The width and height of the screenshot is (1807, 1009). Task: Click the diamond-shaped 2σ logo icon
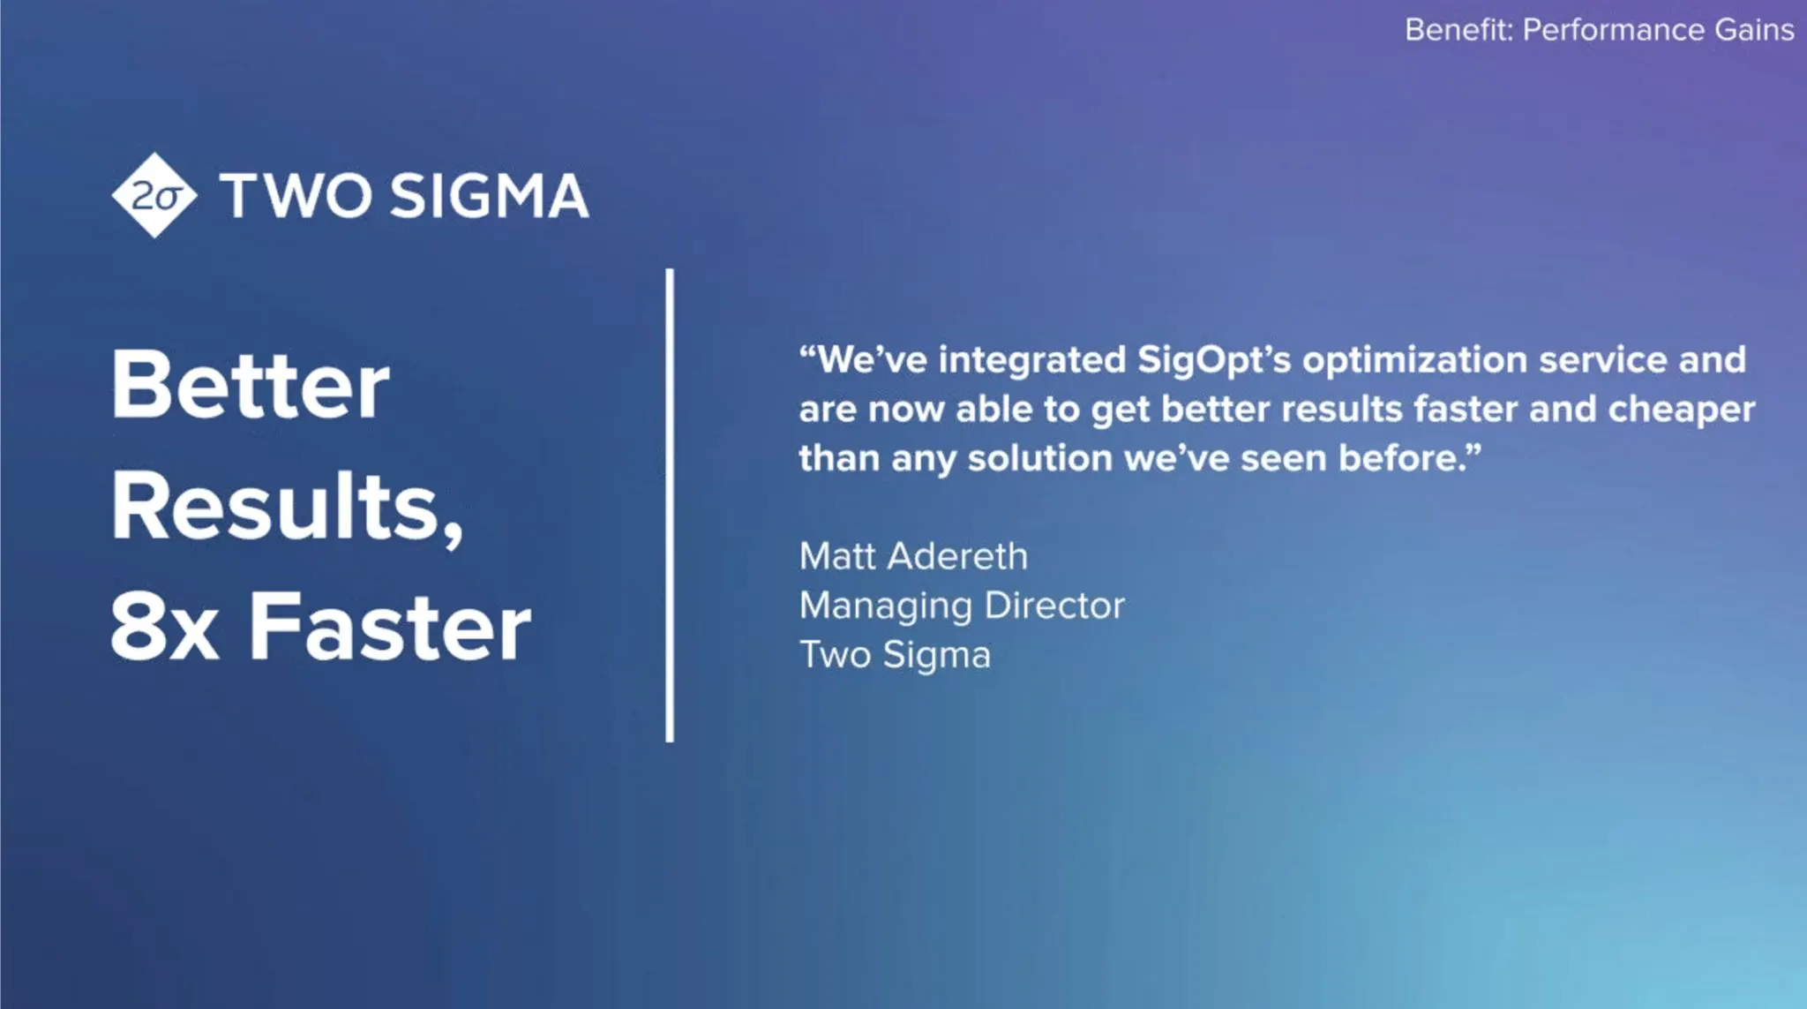[x=155, y=195]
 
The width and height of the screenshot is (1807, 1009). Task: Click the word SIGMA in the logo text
[x=489, y=195]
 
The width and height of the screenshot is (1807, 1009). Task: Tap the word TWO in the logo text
[x=296, y=195]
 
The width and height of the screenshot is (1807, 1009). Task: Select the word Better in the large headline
[x=250, y=385]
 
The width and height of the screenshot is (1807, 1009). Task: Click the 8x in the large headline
[x=165, y=627]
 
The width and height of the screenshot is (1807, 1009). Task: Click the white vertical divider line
[x=670, y=505]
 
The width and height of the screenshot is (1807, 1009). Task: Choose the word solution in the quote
[x=1040, y=458]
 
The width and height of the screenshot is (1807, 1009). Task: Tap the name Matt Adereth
[x=913, y=556]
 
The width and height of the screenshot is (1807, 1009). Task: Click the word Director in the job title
[x=1055, y=606]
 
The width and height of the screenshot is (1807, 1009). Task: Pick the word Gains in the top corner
[x=1754, y=30]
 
